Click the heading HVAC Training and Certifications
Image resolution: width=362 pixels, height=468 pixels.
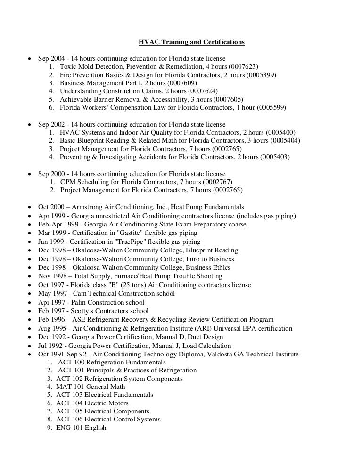pyautogui.click(x=191, y=42)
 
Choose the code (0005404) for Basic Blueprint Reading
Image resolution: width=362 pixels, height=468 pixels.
pyautogui.click(x=282, y=141)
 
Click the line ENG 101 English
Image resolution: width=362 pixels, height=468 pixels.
pyautogui.click(x=81, y=428)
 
